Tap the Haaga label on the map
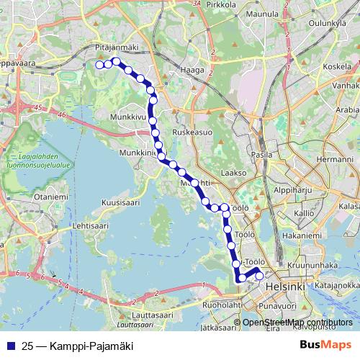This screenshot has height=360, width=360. pyautogui.click(x=197, y=71)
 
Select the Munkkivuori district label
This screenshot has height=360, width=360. pyautogui.click(x=127, y=114)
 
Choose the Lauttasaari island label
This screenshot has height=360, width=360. pyautogui.click(x=154, y=315)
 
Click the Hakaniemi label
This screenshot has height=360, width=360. pyautogui.click(x=302, y=235)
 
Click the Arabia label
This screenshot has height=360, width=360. pyautogui.click(x=347, y=110)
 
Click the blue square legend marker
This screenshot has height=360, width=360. pyautogui.click(x=11, y=345)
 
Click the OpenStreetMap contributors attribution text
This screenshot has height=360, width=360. pyautogui.click(x=297, y=322)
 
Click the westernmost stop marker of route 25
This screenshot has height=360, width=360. pyautogui.click(x=100, y=65)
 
